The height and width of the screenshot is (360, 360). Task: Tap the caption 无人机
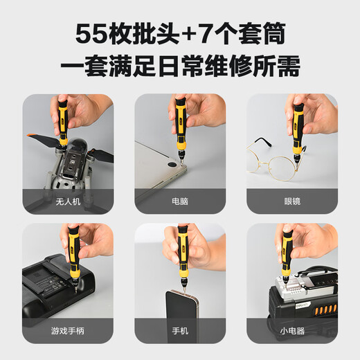[x=67, y=202]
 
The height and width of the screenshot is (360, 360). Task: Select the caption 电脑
[x=179, y=202]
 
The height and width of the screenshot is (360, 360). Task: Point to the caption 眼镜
[x=292, y=202]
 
